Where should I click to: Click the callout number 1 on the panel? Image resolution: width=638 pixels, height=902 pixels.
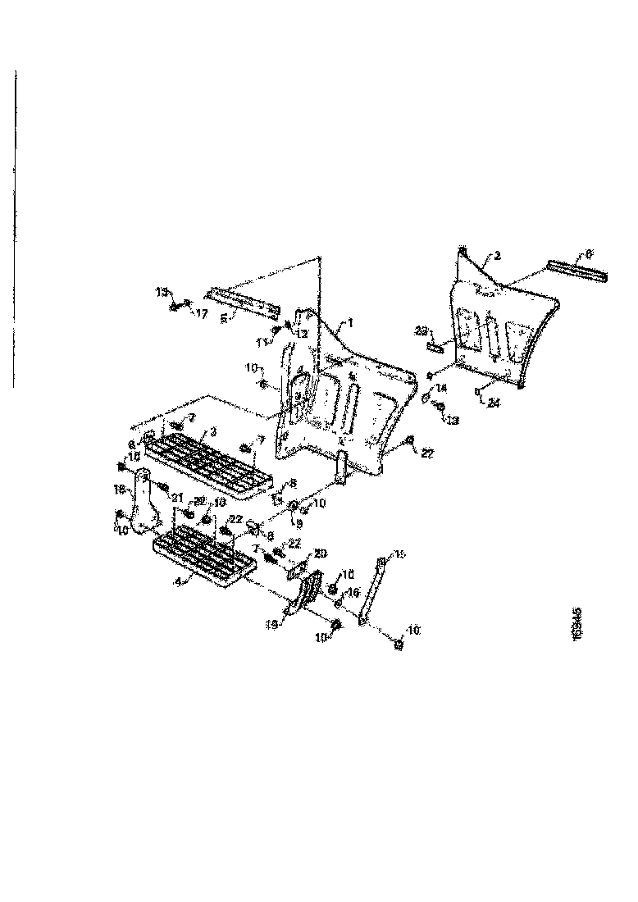(350, 324)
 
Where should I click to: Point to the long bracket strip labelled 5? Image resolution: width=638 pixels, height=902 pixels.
(242, 301)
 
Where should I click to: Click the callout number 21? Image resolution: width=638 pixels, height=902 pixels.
(176, 497)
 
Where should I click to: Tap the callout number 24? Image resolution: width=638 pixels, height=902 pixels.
(494, 403)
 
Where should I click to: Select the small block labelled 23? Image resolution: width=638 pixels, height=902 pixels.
(433, 347)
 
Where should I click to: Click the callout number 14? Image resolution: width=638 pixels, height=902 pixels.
(442, 387)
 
